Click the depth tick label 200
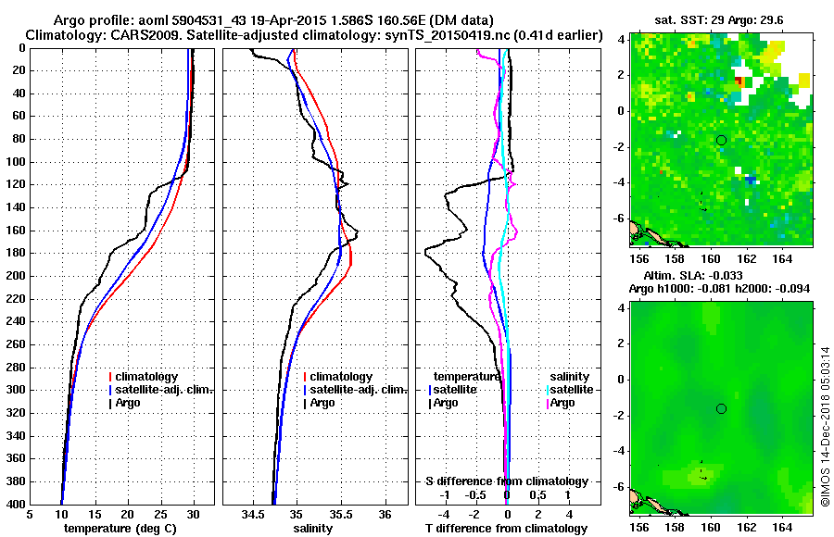[16, 276]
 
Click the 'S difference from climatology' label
[506, 481]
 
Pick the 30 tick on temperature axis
[193, 515]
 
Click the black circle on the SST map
[722, 140]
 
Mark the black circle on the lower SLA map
[722, 408]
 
